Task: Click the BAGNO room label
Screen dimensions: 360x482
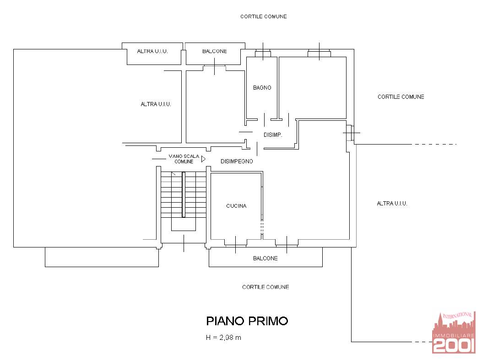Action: [x=262, y=87]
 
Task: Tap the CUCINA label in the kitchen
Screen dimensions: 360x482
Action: [x=236, y=206]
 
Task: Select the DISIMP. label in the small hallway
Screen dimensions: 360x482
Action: [x=273, y=135]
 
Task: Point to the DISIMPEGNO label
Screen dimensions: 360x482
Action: [x=237, y=161]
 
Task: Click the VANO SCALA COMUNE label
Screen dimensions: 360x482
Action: [x=184, y=159]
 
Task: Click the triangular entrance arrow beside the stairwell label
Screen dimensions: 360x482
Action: [x=203, y=159]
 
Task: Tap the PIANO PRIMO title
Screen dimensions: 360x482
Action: [x=247, y=321]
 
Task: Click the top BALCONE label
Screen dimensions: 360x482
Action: [x=214, y=51]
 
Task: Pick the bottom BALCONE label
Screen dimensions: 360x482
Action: [x=265, y=258]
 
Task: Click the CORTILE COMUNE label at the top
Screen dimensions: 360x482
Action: [x=264, y=16]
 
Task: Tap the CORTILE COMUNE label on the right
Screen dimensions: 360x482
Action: [x=401, y=97]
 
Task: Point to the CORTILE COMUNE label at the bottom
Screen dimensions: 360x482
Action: [x=265, y=287]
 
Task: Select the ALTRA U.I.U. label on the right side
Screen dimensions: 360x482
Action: [x=392, y=204]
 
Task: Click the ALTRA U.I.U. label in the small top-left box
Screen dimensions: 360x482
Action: [x=152, y=51]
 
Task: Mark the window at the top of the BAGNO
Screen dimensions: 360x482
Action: [x=263, y=54]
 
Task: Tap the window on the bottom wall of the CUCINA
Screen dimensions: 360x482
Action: [x=236, y=242]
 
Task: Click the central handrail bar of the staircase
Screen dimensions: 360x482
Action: [x=183, y=194]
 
